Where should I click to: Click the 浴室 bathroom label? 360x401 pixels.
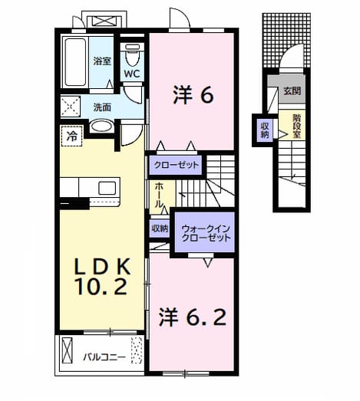[x=102, y=61]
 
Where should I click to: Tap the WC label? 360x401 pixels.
[x=132, y=74]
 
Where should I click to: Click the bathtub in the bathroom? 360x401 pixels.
[x=75, y=62]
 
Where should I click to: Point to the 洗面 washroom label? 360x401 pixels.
[x=102, y=107]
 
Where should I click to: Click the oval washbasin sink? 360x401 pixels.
[x=101, y=126]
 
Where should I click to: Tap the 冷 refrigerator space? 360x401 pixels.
[x=71, y=136]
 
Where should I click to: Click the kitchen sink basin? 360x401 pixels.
[x=107, y=188]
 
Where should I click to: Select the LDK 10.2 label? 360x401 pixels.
[x=102, y=277]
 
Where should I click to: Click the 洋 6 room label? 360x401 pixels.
[x=193, y=95]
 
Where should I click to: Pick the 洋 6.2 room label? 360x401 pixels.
[x=193, y=317]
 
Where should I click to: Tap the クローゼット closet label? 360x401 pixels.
[x=176, y=165]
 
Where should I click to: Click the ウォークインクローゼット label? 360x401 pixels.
[x=206, y=233]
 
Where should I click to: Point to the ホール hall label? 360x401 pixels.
[x=159, y=195]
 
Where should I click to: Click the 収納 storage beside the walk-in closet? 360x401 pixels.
[x=160, y=228]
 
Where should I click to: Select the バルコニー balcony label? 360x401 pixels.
[x=104, y=357]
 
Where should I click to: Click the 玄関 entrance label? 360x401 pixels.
[x=292, y=91]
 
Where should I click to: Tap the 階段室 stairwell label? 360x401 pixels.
[x=297, y=126]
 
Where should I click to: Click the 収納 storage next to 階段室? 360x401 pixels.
[x=265, y=130]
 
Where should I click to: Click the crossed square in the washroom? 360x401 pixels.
[x=70, y=107]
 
